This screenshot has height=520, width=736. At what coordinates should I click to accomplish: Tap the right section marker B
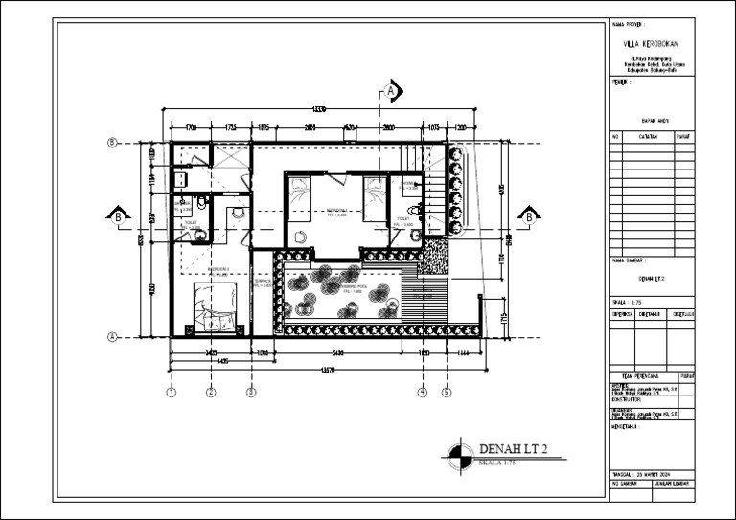(526, 216)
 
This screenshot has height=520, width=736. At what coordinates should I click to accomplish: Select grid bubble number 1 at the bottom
(171, 392)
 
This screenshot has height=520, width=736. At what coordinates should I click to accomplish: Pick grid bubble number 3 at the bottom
(251, 392)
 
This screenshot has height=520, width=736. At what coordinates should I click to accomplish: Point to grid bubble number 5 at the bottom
(446, 392)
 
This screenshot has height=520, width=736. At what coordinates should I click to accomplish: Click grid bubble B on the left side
(112, 143)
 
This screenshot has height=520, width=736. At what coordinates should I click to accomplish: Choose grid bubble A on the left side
(112, 336)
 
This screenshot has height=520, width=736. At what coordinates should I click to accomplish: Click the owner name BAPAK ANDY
(655, 122)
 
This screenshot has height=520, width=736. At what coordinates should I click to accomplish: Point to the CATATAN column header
(647, 137)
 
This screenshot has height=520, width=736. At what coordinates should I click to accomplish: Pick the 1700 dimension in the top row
(191, 126)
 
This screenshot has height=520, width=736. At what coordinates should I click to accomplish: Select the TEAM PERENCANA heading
(642, 377)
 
